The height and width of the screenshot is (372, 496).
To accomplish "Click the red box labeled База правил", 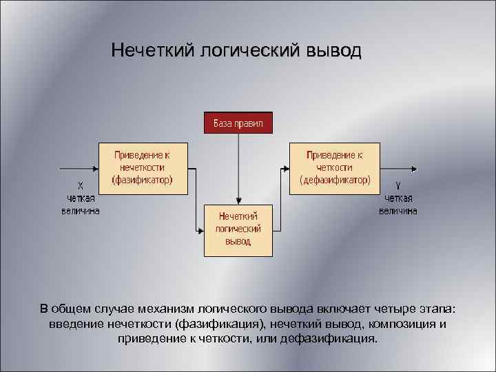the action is coord(238,123).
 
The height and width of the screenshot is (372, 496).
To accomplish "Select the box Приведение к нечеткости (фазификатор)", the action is coord(143,168).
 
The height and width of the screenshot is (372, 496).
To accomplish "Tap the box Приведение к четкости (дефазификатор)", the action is coord(335,168).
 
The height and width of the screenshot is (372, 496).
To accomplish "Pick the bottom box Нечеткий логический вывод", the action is coord(238,229).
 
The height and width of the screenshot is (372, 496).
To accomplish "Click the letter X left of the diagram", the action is coord(81,185).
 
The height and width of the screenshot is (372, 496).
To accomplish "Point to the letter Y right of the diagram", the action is coord(398,185).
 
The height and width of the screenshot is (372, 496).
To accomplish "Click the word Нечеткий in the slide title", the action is coord(153,52).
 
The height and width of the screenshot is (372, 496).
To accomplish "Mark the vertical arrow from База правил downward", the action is coord(238,165).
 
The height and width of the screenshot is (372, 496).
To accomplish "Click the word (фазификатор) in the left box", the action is coord(143,180).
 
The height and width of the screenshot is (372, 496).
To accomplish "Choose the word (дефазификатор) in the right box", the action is coord(335,180).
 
